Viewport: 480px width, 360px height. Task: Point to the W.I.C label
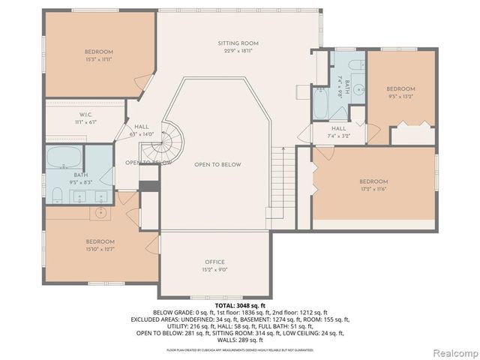pos(85,115)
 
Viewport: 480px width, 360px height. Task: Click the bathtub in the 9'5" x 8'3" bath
pos(64,159)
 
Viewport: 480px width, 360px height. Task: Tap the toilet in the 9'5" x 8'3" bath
pos(55,196)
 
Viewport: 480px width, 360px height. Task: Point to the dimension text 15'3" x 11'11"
pos(98,58)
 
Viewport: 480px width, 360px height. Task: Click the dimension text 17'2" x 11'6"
pos(373,190)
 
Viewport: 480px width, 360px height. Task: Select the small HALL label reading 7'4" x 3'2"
pos(339,128)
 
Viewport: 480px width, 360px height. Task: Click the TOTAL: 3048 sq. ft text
pos(240,306)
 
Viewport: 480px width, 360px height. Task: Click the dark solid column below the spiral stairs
pos(149,185)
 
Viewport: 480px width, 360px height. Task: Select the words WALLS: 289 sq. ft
pos(240,338)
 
